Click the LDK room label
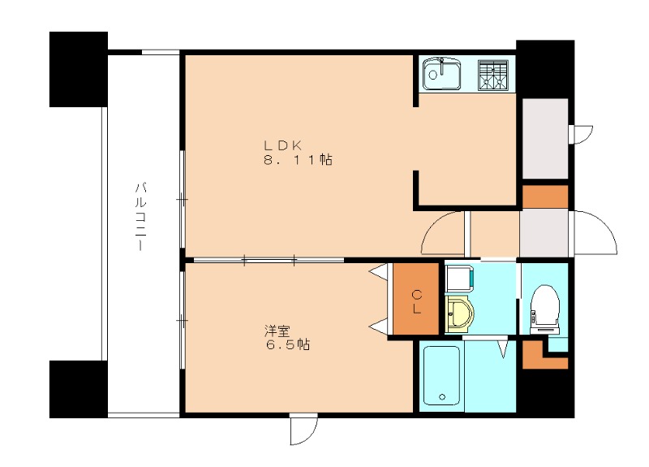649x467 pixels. (x=283, y=145)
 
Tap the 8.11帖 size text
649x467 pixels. (x=298, y=159)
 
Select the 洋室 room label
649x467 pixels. (x=277, y=331)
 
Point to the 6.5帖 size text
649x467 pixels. (x=287, y=344)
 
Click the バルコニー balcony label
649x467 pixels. (x=140, y=216)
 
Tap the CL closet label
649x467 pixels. (x=416, y=301)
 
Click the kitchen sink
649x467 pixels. (x=442, y=74)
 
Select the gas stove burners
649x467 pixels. (x=493, y=75)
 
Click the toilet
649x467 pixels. (x=544, y=309)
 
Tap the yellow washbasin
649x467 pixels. (x=459, y=313)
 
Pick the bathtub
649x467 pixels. (x=441, y=375)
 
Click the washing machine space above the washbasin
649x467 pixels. (x=459, y=278)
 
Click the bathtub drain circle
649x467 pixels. (x=442, y=396)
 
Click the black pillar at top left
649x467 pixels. (x=79, y=69)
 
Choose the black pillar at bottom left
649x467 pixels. (x=79, y=389)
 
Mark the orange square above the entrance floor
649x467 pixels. (x=545, y=197)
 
